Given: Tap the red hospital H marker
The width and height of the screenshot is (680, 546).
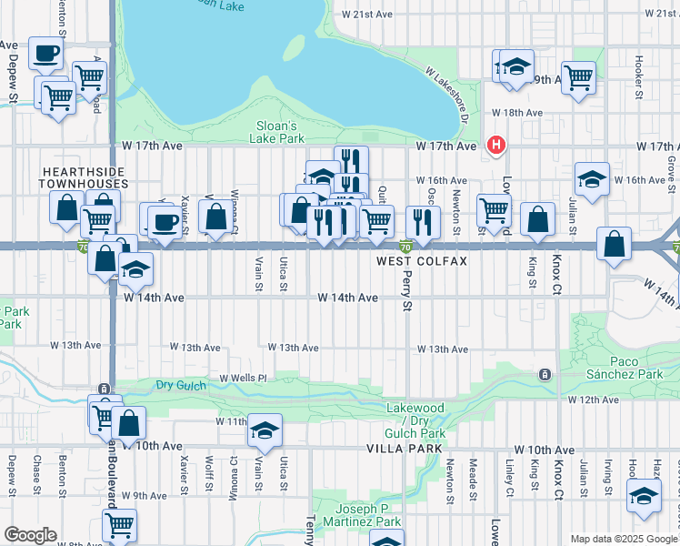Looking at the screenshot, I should click(495, 144).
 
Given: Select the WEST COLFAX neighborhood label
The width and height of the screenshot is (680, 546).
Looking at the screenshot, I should click(422, 261).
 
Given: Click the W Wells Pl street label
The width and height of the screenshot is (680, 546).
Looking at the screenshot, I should click(242, 377).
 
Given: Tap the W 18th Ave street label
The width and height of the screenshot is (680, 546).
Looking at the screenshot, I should click(516, 113).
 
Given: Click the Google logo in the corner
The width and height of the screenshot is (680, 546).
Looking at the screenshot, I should click(30, 535).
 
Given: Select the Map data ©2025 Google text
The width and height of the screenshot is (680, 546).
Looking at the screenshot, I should click(624, 539).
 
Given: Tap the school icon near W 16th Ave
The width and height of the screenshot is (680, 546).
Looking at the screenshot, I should click(591, 179).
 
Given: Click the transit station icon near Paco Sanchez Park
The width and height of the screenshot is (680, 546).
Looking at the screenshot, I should click(544, 374).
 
